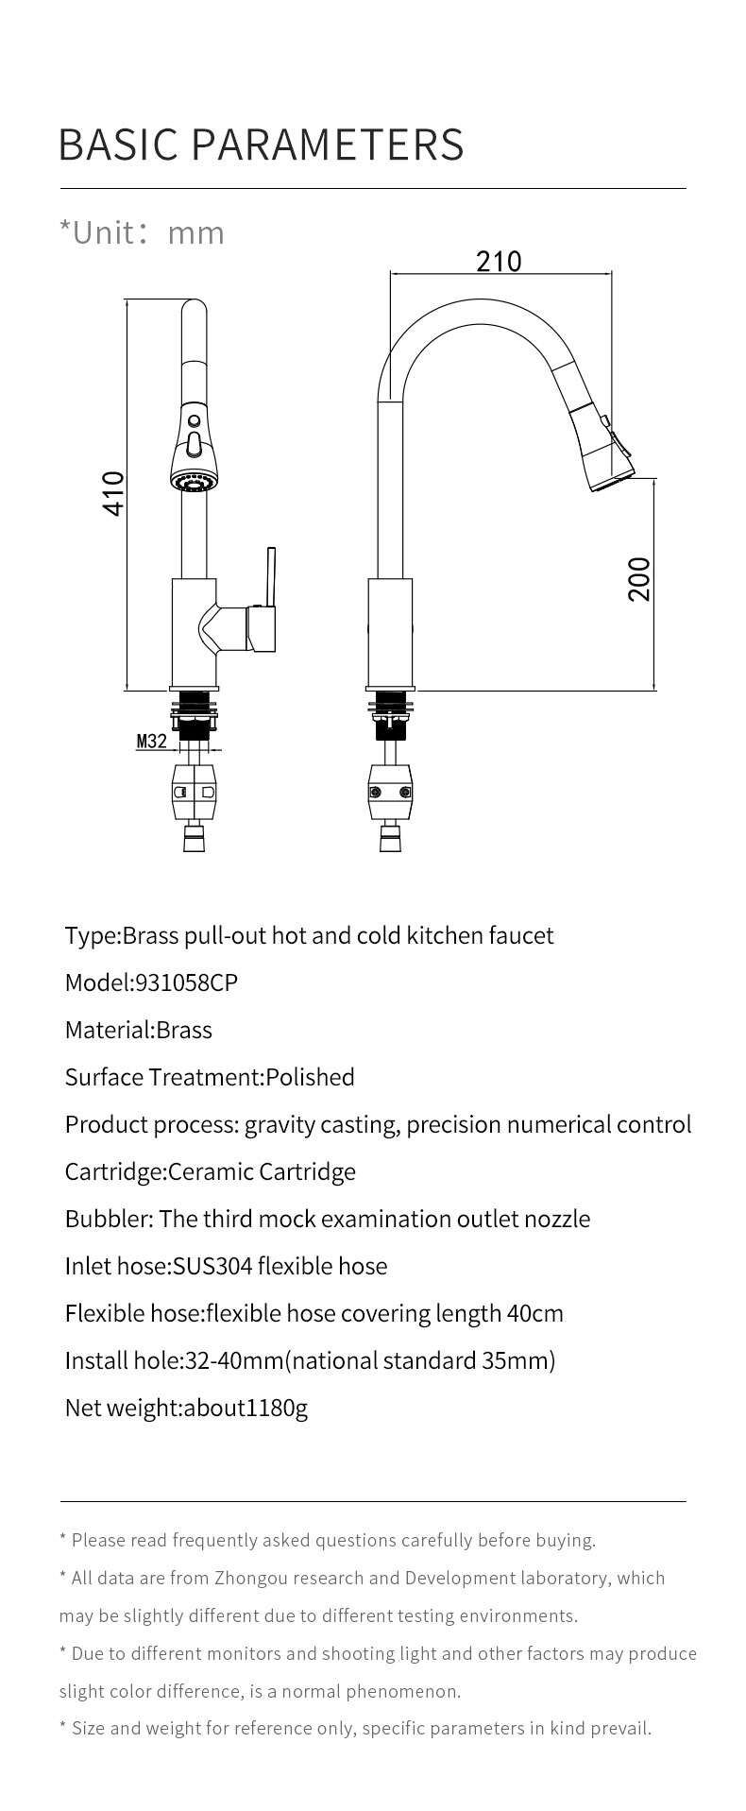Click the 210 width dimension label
pyautogui.click(x=498, y=261)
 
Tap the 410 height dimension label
pyautogui.click(x=113, y=493)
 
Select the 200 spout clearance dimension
pyautogui.click(x=639, y=578)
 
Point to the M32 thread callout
pyautogui.click(x=151, y=741)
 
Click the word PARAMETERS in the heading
pyautogui.click(x=328, y=144)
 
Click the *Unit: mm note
pyautogui.click(x=142, y=232)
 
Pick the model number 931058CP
pyautogui.click(x=186, y=982)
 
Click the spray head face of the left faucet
pyautogui.click(x=192, y=482)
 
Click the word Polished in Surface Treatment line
pyautogui.click(x=310, y=1077)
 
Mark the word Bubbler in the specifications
pyautogui.click(x=109, y=1219)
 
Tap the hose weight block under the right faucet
pyautogui.click(x=390, y=791)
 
